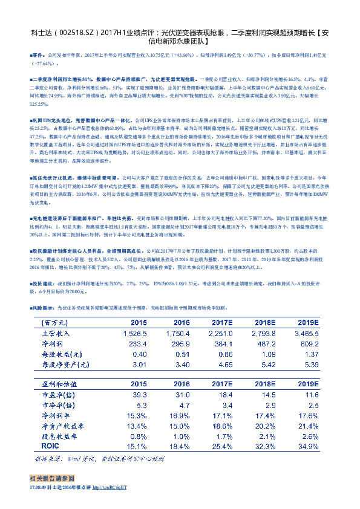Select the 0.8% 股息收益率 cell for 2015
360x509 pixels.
click(x=139, y=436)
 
